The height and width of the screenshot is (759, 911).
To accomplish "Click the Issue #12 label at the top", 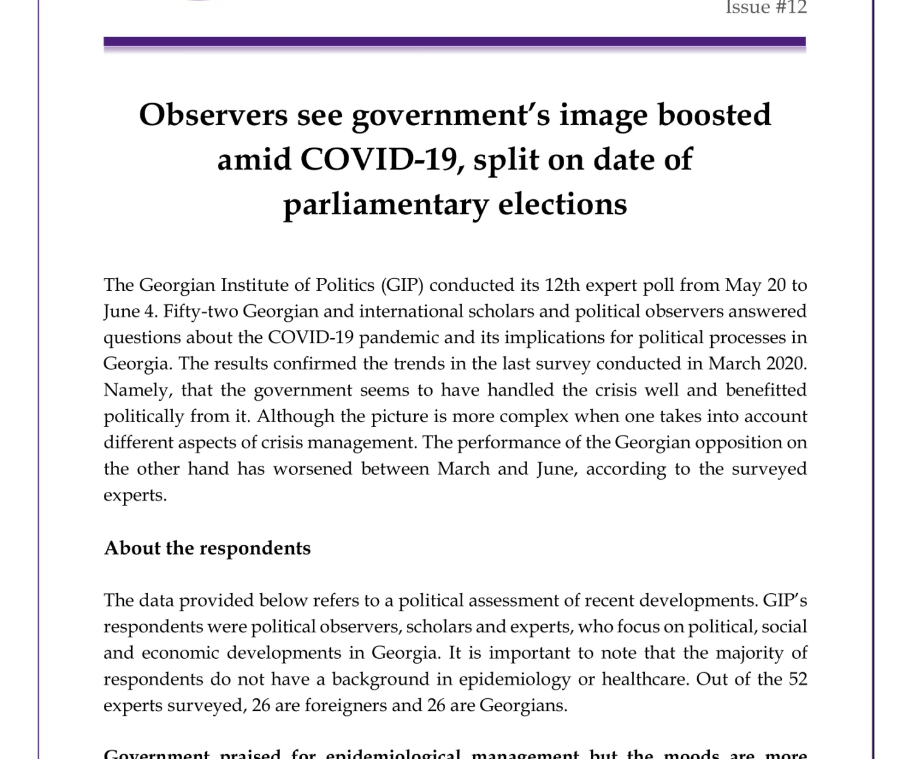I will [766, 7].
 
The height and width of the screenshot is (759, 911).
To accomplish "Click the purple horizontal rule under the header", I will [454, 43].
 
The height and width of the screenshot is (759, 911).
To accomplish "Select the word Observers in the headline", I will [213, 115].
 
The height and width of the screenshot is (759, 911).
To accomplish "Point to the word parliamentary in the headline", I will [385, 204].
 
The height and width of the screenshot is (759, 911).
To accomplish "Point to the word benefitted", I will [766, 390].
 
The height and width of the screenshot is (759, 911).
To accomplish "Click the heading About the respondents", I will [207, 548].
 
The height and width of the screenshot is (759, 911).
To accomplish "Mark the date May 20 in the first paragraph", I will [749, 285].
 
